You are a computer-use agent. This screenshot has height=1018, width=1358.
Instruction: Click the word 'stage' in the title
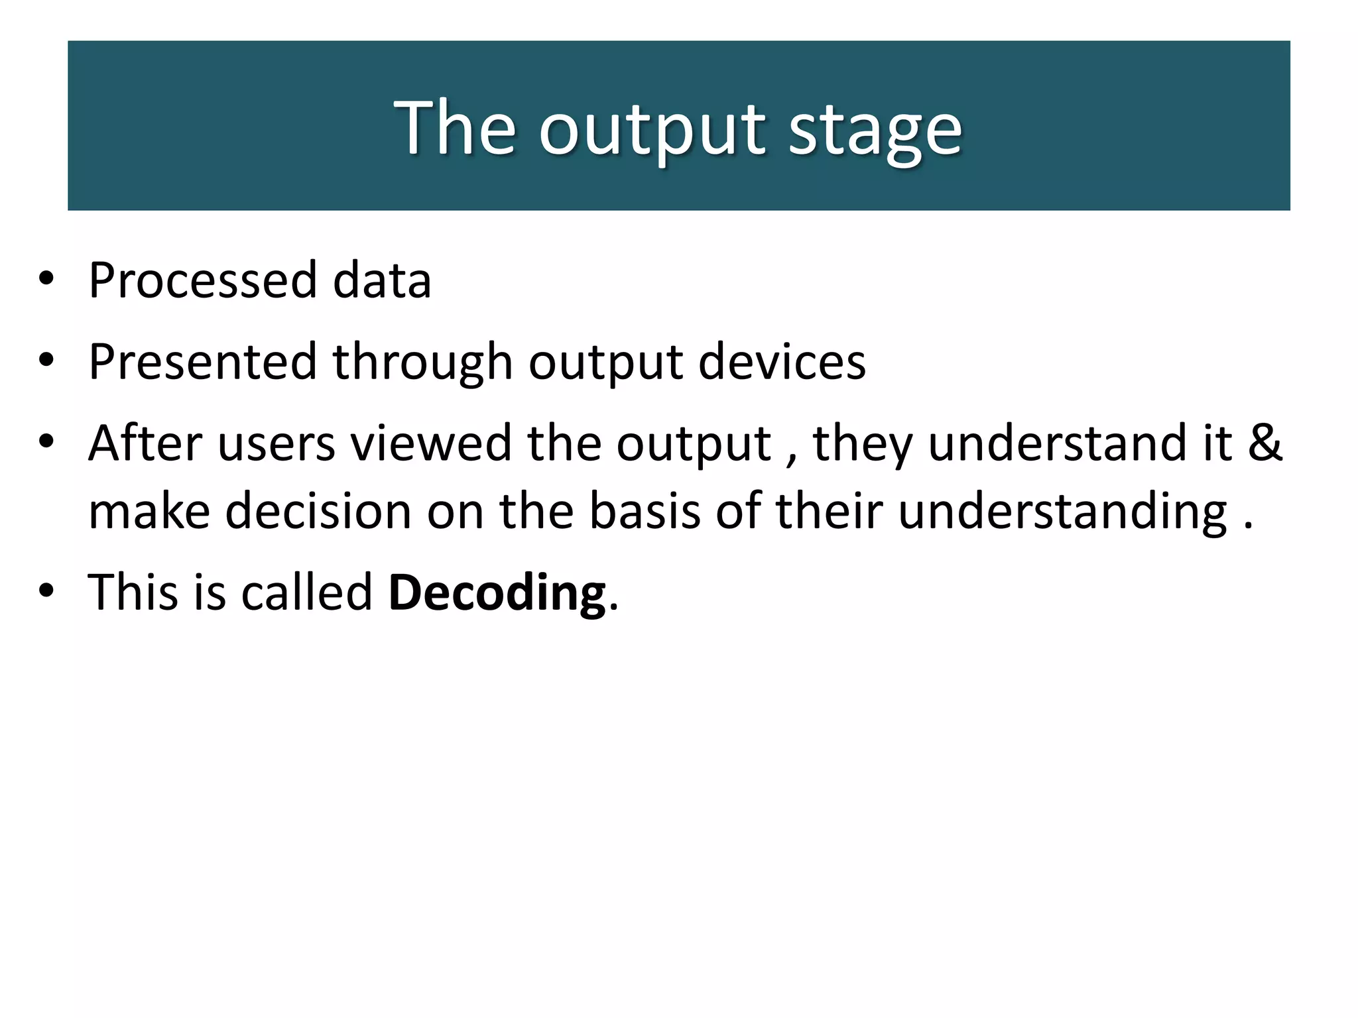click(875, 129)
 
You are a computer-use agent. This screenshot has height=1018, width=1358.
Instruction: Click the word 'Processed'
click(203, 280)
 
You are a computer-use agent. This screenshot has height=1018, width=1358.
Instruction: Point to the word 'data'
click(382, 280)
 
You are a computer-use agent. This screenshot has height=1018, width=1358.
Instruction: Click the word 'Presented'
click(203, 362)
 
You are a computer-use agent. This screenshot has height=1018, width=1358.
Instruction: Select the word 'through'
click(422, 363)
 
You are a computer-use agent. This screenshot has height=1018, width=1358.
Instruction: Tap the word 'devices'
click(782, 362)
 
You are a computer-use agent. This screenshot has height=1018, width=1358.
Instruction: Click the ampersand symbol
click(1265, 443)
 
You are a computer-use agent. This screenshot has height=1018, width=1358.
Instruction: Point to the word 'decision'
click(318, 511)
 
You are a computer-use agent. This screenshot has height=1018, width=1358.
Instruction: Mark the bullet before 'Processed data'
click(46, 279)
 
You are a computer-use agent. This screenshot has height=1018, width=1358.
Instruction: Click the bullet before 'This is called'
click(46, 589)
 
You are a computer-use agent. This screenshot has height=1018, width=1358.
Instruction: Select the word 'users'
click(276, 444)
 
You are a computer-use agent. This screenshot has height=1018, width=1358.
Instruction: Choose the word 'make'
click(149, 511)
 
